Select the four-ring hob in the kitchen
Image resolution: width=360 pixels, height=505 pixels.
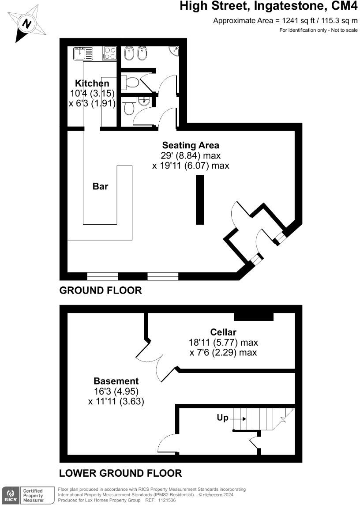pyautogui.click(x=110, y=53)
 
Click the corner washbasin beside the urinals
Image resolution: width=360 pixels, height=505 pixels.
pyautogui.click(x=175, y=53)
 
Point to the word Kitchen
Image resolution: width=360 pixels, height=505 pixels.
pyautogui.click(x=92, y=83)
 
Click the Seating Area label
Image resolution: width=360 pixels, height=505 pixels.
pyautogui.click(x=191, y=145)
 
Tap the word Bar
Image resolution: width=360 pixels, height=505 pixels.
pyautogui.click(x=100, y=186)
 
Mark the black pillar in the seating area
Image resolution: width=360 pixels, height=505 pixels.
pyautogui.click(x=200, y=200)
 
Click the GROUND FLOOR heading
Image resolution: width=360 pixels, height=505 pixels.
pyautogui.click(x=101, y=290)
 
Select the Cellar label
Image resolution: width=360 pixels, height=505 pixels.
pyautogui.click(x=223, y=332)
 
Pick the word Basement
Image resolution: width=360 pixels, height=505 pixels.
pyautogui.click(x=116, y=381)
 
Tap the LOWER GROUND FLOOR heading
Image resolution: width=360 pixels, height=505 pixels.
pyautogui.click(x=120, y=473)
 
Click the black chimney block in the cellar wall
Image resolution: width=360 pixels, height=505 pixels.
pyautogui.click(x=254, y=316)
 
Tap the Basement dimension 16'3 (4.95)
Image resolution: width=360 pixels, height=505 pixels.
pyautogui.click(x=116, y=392)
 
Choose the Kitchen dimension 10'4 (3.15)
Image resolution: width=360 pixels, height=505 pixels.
pyautogui.click(x=92, y=94)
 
